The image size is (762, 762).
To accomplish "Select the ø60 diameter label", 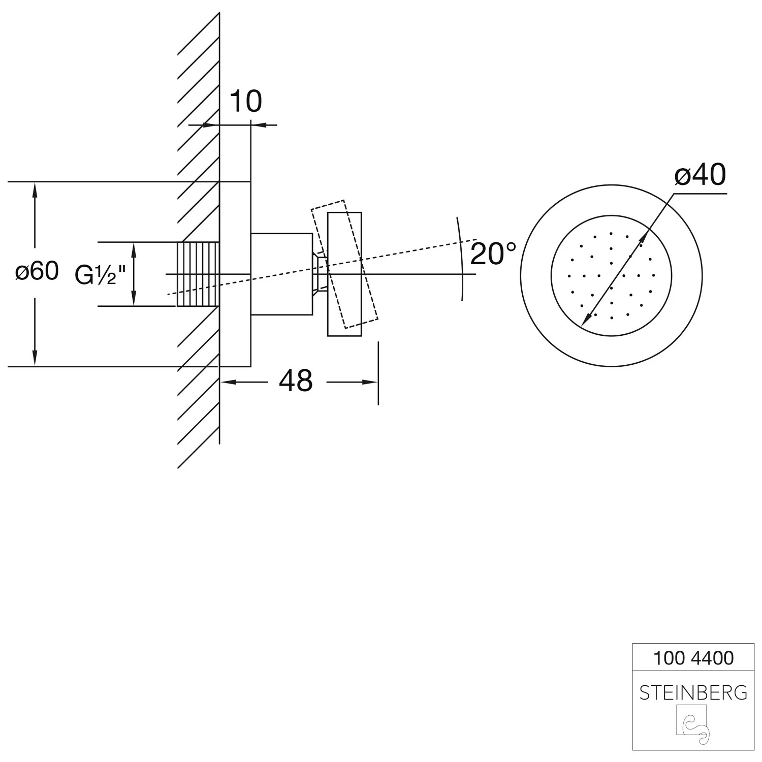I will point(37,271).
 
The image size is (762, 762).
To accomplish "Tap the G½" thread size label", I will point(100,275).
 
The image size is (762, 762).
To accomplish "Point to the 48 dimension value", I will point(296,380).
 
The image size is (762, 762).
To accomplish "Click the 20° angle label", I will point(493,253).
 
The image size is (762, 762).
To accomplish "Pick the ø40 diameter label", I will point(700,175).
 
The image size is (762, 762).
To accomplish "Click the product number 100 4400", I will point(693,658).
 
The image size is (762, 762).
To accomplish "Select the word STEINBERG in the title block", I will point(693,692).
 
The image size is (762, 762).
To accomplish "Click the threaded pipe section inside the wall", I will point(198,274).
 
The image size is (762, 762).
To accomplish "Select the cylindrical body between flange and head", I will point(281,274).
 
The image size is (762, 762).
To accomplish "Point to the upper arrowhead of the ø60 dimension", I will point(35,188).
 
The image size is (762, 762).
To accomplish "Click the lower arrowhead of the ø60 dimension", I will point(35,360).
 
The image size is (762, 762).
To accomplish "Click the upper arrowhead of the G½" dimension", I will point(134,248).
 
